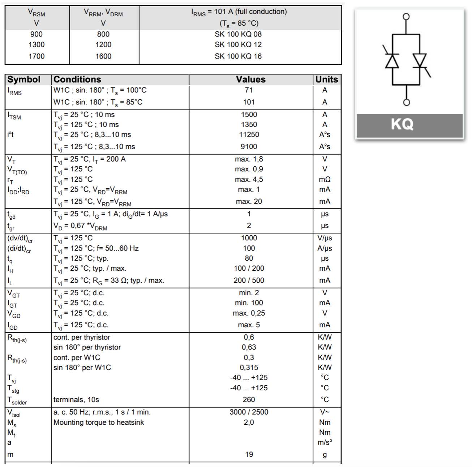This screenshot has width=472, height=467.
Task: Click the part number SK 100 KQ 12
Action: point(238,44)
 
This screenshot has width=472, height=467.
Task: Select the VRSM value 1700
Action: point(37,56)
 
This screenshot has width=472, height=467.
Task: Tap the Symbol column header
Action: point(24,80)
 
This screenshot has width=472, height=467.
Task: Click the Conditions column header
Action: point(77,80)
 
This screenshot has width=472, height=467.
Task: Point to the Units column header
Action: point(326,80)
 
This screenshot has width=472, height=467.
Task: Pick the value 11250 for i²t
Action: point(249,134)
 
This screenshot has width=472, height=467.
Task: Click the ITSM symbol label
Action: point(14,116)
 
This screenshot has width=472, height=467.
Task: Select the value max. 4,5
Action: point(249,179)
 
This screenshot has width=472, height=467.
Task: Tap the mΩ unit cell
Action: point(325,179)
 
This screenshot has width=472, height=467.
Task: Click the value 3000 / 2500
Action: point(249,412)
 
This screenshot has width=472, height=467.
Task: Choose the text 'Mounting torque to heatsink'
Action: point(99,422)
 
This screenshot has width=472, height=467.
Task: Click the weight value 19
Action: point(249,454)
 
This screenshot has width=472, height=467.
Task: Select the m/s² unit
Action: point(325,442)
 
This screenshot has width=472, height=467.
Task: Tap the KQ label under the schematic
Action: point(402,124)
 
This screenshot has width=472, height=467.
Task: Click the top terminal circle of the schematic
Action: point(406,16)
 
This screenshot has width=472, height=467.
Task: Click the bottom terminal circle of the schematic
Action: point(407,102)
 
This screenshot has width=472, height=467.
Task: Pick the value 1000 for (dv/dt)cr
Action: point(249,238)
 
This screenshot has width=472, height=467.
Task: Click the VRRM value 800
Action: point(103,34)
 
